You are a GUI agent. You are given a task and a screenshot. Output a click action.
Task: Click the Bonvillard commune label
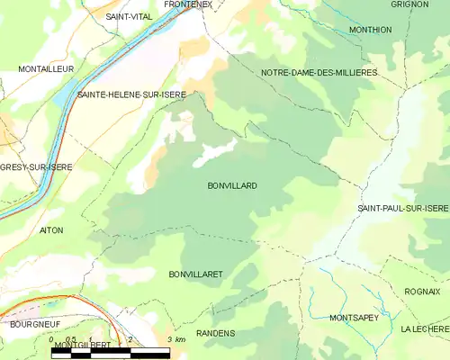tap(232, 185)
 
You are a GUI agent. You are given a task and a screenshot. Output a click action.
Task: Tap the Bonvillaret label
tap(195, 273)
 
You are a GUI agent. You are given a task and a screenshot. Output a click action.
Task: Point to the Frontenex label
tap(188, 5)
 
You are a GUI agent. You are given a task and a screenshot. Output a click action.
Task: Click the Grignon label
tap(409, 4)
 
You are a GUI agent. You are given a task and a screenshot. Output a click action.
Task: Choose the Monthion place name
tap(370, 30)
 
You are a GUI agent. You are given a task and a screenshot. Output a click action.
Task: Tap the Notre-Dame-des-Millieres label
tap(319, 71)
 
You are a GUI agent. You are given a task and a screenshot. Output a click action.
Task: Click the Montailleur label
tap(46, 68)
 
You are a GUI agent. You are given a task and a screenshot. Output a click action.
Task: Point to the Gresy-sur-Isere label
tap(36, 167)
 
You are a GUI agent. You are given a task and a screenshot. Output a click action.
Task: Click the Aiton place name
tap(51, 230)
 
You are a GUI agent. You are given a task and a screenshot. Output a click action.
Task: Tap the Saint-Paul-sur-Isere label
tap(402, 209)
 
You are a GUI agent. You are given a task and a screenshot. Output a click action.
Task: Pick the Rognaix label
tap(423, 292)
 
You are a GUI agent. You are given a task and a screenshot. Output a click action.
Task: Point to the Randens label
tap(215, 333)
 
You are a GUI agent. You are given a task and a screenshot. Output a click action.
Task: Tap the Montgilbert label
tap(81, 345)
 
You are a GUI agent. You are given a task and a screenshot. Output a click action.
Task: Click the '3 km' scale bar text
tap(175, 339)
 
